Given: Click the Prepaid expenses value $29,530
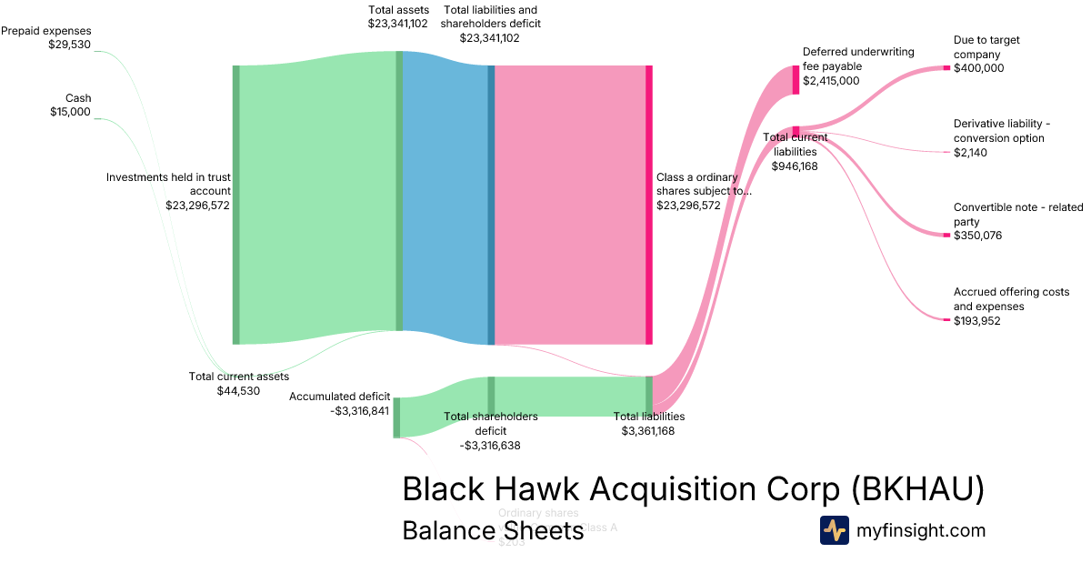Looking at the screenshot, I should (69, 45).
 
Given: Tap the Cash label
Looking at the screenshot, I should (78, 98).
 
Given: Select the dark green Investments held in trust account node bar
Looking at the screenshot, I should (236, 205).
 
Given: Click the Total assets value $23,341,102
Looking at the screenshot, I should (398, 24).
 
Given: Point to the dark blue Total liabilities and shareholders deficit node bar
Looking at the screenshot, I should (491, 205).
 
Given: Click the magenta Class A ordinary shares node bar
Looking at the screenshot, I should (649, 205).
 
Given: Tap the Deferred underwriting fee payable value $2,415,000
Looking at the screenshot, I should (830, 81).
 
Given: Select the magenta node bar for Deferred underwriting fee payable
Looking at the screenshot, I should (796, 80).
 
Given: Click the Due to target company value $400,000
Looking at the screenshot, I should (979, 68).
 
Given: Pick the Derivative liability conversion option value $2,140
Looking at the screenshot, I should (970, 153).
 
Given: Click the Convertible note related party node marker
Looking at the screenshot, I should (946, 236).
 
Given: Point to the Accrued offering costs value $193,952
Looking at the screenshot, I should (978, 321).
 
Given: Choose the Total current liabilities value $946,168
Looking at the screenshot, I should (795, 166).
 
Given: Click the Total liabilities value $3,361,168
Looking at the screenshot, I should (648, 431).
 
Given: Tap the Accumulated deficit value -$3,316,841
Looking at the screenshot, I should (360, 411).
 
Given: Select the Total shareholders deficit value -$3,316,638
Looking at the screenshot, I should (490, 446).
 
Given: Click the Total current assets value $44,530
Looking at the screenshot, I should (238, 391).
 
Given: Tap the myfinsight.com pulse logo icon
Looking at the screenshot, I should (834, 530).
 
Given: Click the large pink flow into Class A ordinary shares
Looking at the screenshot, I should (570, 205).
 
